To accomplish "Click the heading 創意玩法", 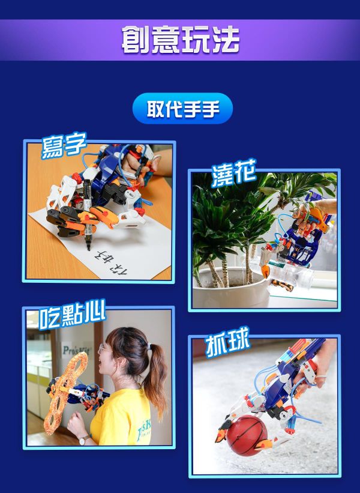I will [180, 40].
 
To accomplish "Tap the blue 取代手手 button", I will [182, 109].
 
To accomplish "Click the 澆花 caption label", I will [233, 174].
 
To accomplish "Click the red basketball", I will [246, 434].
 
